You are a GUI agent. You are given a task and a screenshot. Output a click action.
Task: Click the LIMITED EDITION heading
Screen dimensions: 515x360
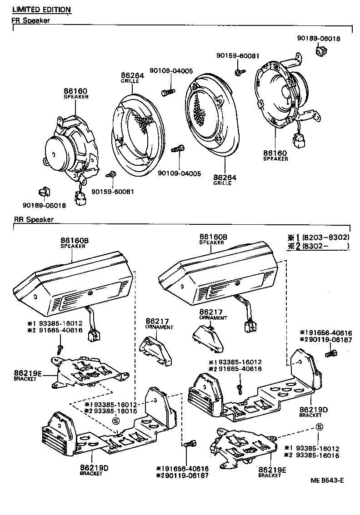click(41, 10)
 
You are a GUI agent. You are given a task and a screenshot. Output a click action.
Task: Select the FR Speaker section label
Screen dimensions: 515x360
click(30, 20)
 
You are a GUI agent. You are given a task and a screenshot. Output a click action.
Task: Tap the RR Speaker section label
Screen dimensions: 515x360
click(34, 220)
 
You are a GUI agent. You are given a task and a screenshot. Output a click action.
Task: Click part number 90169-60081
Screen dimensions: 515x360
click(238, 56)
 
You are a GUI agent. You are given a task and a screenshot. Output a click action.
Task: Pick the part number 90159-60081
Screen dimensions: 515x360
click(113, 192)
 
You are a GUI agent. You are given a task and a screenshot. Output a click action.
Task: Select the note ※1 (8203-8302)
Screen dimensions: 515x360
click(318, 237)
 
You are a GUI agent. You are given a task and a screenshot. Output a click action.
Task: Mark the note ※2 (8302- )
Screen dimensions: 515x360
click(318, 246)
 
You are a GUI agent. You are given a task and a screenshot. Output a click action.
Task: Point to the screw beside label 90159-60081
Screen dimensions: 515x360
click(110, 174)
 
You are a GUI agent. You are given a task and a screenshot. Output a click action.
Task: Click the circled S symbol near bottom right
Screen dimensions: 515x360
click(320, 427)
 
